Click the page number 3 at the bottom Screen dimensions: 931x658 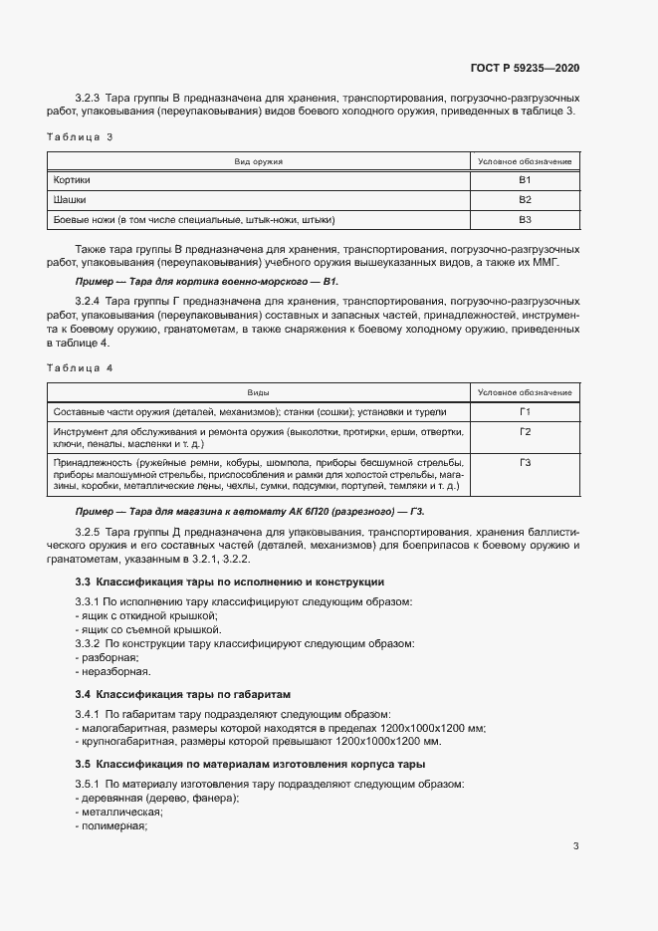coord(576,846)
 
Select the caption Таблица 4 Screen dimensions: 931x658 coord(81,368)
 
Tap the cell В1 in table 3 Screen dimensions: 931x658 coord(525,180)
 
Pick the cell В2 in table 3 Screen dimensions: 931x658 coord(525,199)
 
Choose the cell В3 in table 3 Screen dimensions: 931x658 coord(525,219)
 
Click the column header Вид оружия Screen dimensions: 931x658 coord(259,161)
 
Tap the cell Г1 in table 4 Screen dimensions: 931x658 coord(525,412)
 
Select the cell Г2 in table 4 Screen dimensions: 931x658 coord(525,432)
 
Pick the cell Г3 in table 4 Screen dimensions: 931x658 coord(525,463)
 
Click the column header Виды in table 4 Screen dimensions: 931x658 coord(259,393)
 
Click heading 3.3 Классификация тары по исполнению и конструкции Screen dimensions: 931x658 coord(230,582)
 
